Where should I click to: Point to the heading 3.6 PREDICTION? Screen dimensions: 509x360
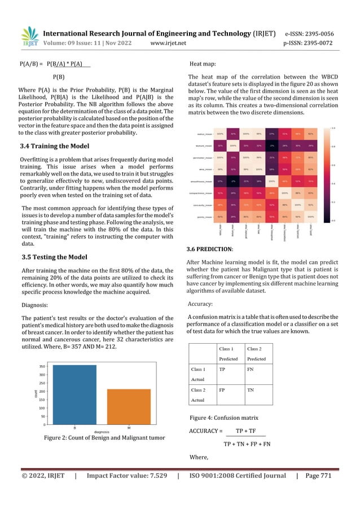coord(217,249)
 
